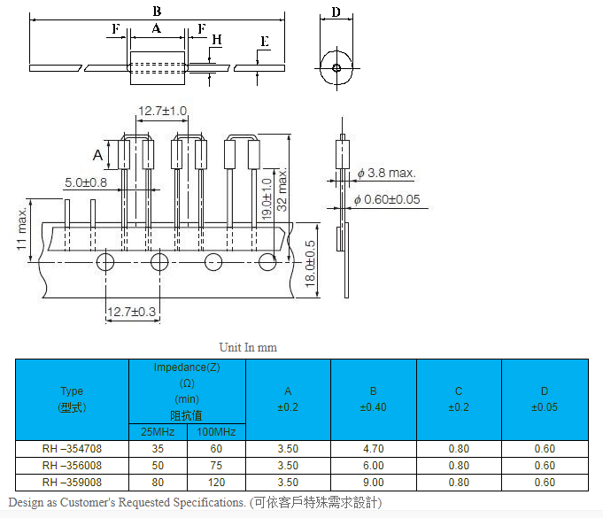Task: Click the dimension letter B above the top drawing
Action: [157, 12]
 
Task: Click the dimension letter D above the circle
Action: [336, 12]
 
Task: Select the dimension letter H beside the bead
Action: [217, 40]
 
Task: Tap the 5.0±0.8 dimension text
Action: [85, 182]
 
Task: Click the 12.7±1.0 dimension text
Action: [162, 111]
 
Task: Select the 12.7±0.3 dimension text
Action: [132, 312]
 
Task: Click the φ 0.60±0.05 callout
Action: [387, 199]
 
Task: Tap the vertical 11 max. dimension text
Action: [21, 230]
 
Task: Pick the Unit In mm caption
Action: [248, 347]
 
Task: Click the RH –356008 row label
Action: [72, 465]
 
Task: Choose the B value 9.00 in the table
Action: [374, 482]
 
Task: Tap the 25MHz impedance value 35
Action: [158, 448]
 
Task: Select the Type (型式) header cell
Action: [72, 398]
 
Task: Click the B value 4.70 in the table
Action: [374, 448]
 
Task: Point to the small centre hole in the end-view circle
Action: [336, 67]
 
